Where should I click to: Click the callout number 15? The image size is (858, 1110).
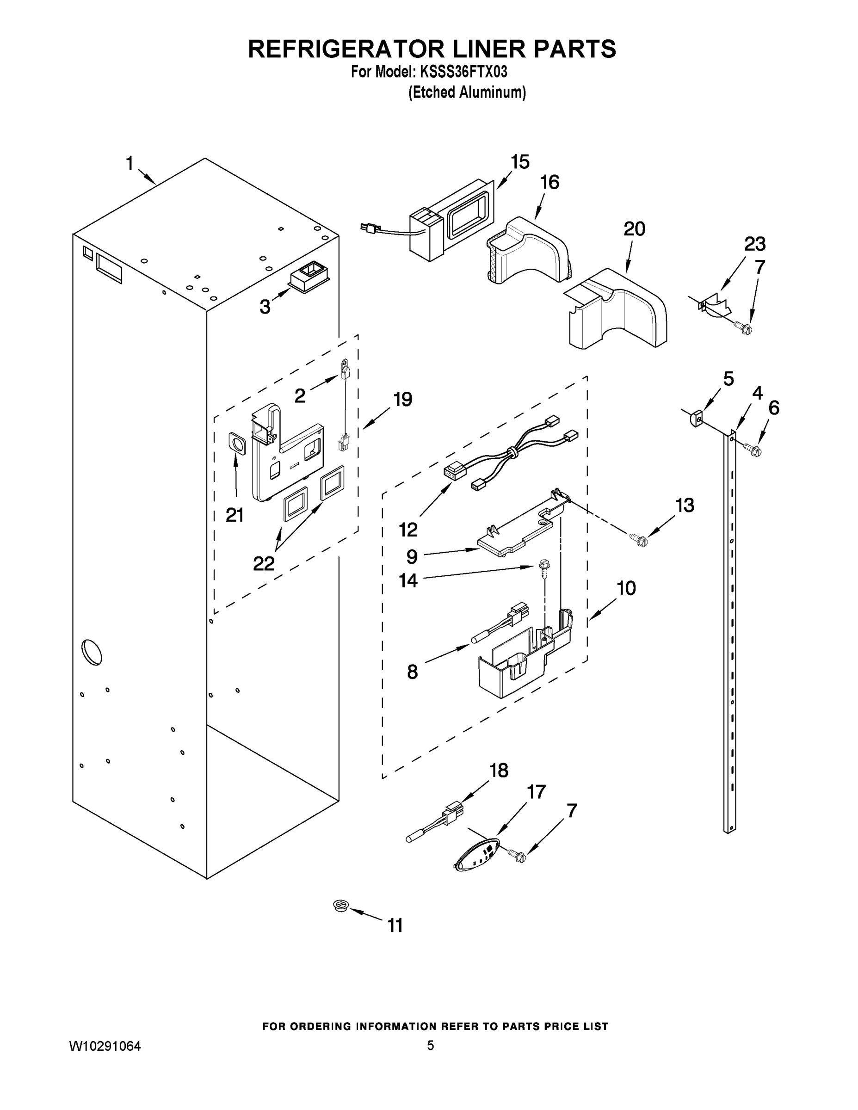(x=520, y=162)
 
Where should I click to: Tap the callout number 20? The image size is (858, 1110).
(x=634, y=229)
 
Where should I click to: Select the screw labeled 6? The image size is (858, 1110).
(x=752, y=449)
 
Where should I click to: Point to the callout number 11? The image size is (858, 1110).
(x=395, y=925)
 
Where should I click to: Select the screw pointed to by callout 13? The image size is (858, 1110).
(x=638, y=539)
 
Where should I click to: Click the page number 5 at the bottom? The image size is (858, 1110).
(x=430, y=1045)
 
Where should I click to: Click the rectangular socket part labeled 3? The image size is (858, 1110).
(x=309, y=277)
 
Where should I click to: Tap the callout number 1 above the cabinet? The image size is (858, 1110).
(x=130, y=164)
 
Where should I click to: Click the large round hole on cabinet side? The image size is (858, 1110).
(x=92, y=652)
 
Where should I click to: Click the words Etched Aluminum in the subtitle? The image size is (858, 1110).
(x=467, y=92)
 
